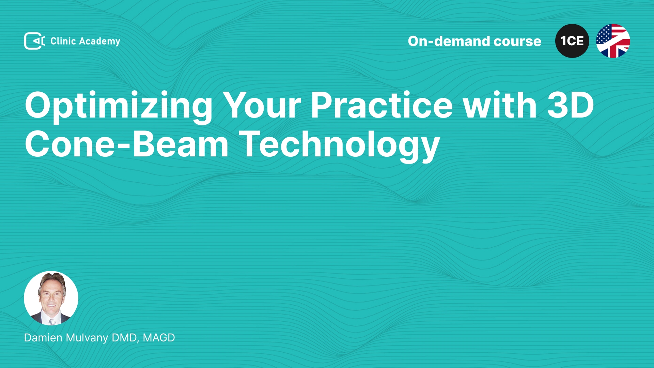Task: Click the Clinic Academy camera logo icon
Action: click(34, 41)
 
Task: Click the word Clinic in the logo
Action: click(63, 41)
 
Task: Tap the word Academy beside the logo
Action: click(100, 42)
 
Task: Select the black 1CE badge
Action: click(572, 41)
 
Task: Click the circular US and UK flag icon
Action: click(613, 41)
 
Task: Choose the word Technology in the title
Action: click(339, 145)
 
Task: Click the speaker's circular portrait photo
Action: click(51, 298)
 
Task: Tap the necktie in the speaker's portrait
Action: click(52, 321)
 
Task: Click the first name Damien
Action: click(43, 338)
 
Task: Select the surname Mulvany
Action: click(87, 338)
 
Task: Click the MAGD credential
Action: click(159, 338)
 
